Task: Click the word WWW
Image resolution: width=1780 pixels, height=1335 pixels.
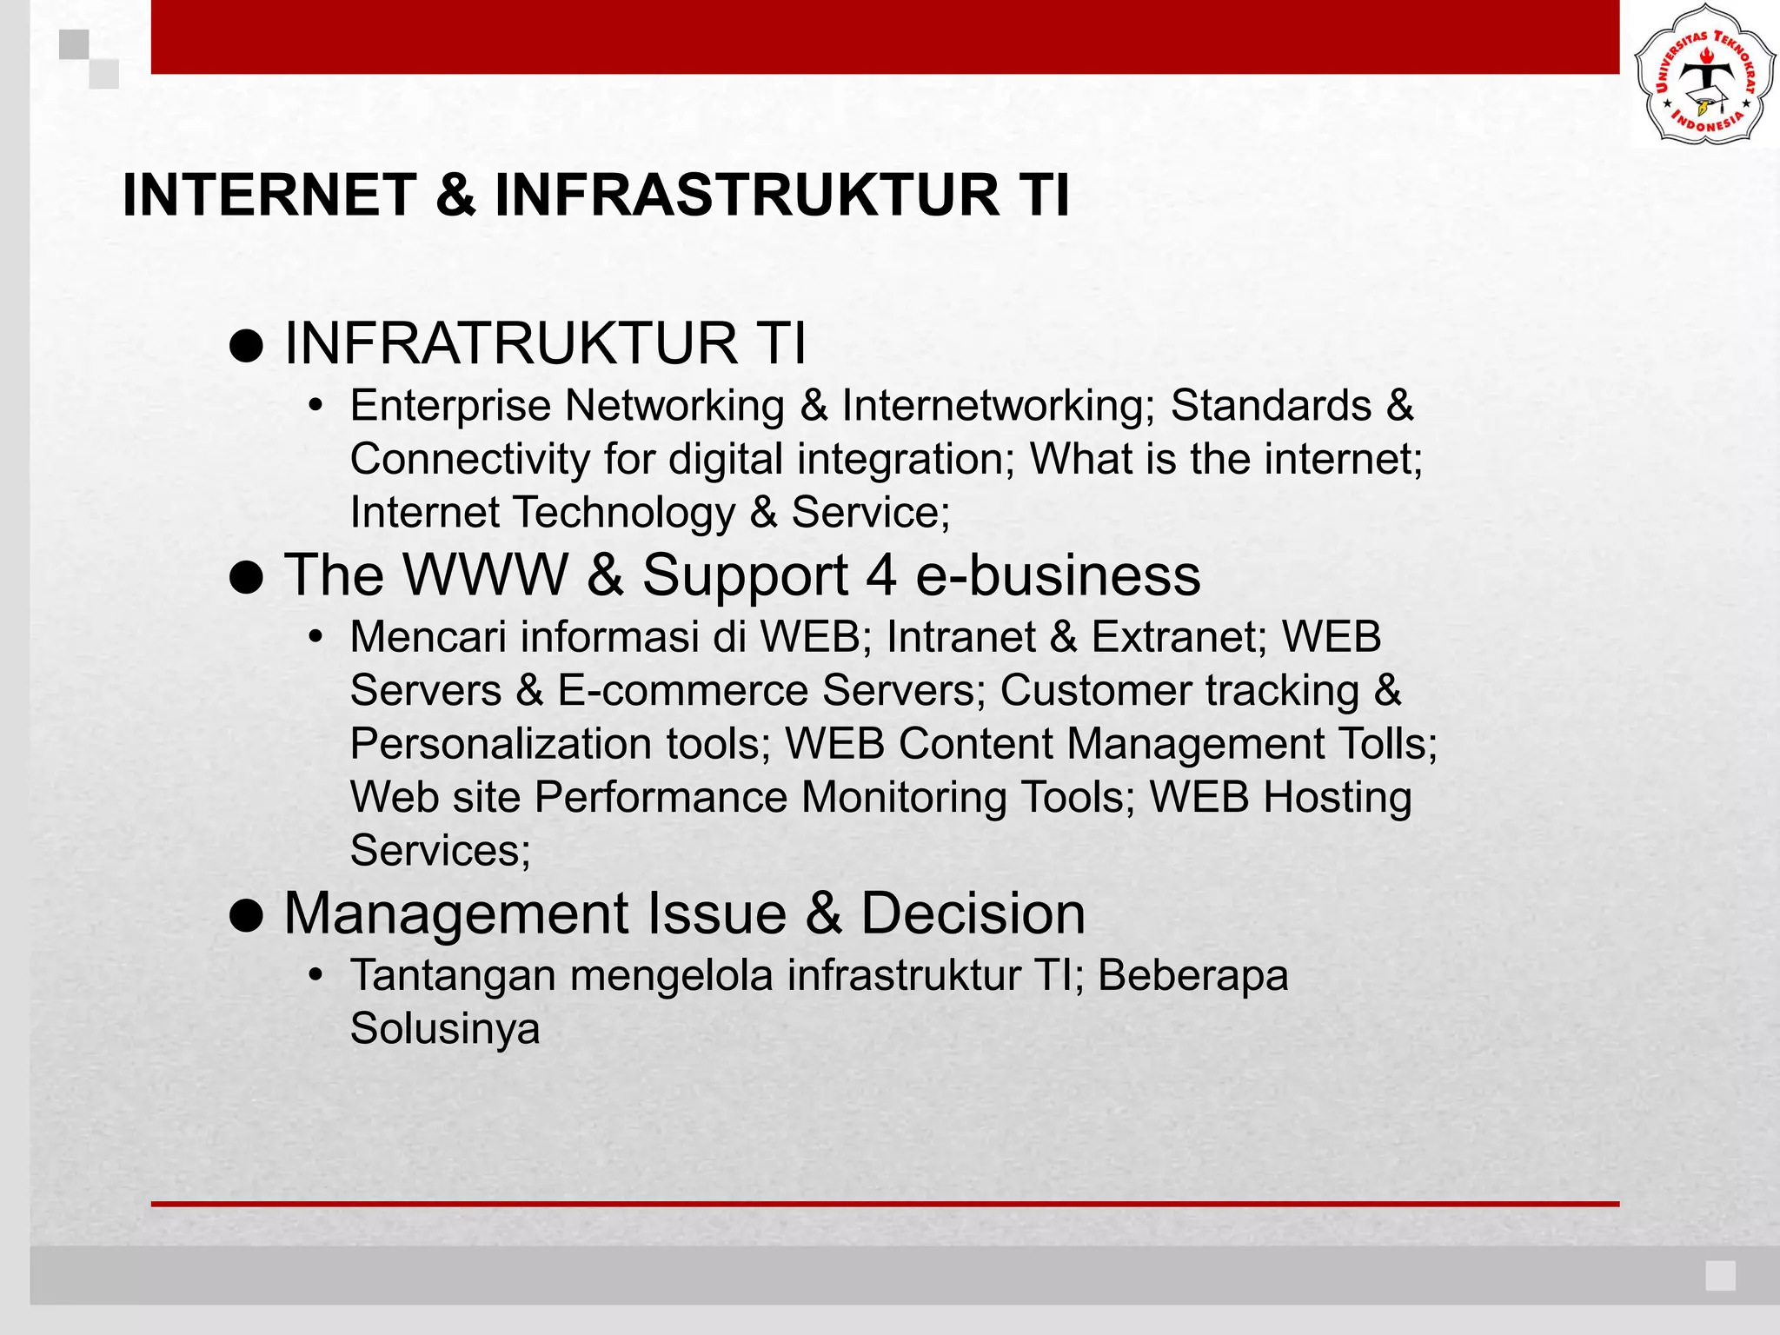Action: click(x=485, y=575)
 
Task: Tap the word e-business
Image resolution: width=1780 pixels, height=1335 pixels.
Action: click(x=1058, y=575)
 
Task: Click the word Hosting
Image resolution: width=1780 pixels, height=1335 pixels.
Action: click(x=1337, y=797)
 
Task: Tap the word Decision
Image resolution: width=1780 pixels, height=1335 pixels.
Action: click(x=973, y=913)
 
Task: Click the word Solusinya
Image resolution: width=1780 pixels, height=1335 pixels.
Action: click(x=445, y=1029)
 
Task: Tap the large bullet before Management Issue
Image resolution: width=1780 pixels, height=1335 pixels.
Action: click(x=247, y=916)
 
